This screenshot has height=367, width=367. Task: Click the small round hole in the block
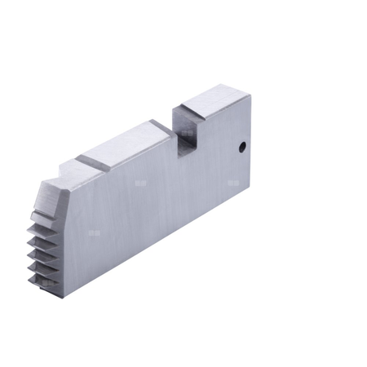[242, 147]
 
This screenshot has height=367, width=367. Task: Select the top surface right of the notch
[214, 102]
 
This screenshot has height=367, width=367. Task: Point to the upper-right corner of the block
[250, 95]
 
